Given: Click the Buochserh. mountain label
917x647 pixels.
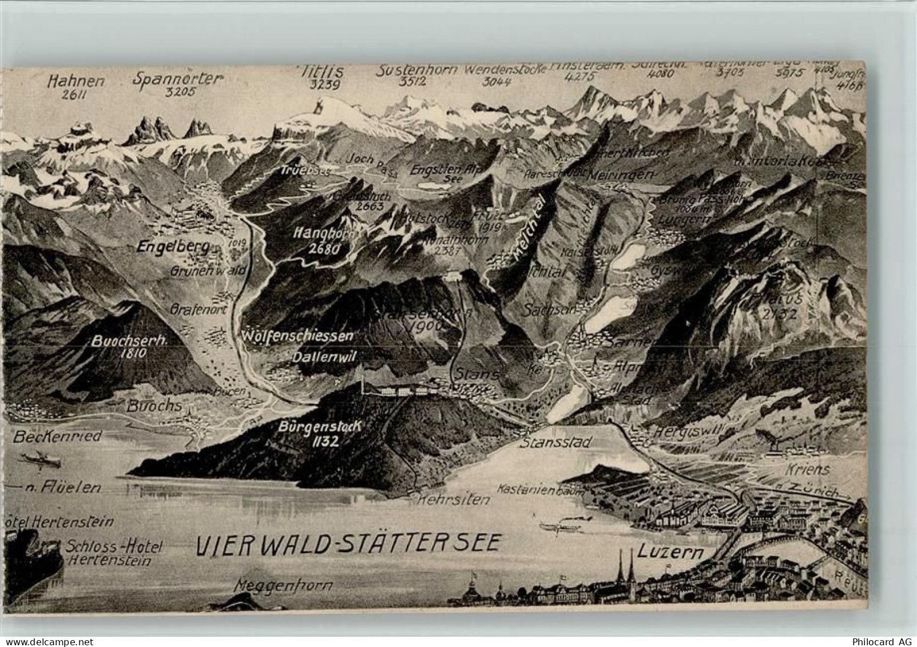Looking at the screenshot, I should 129,341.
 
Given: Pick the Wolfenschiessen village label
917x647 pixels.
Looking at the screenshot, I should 297,336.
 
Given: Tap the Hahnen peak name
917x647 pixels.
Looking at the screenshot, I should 77,81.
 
